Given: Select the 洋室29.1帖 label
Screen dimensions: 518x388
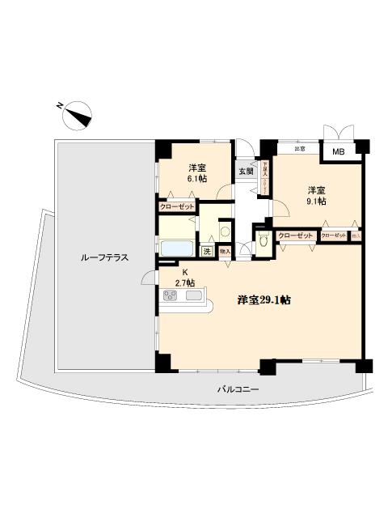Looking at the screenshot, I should (264, 299).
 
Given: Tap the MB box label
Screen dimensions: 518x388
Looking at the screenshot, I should (338, 151).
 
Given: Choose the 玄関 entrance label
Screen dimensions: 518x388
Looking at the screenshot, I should (246, 171).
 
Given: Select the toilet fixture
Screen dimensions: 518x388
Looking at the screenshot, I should (264, 240).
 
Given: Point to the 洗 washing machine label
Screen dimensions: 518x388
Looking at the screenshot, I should (208, 252).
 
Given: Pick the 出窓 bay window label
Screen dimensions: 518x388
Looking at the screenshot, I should (300, 148).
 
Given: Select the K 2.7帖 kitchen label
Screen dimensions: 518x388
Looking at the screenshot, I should (184, 278).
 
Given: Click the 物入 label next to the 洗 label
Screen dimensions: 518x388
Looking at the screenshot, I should (225, 252).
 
